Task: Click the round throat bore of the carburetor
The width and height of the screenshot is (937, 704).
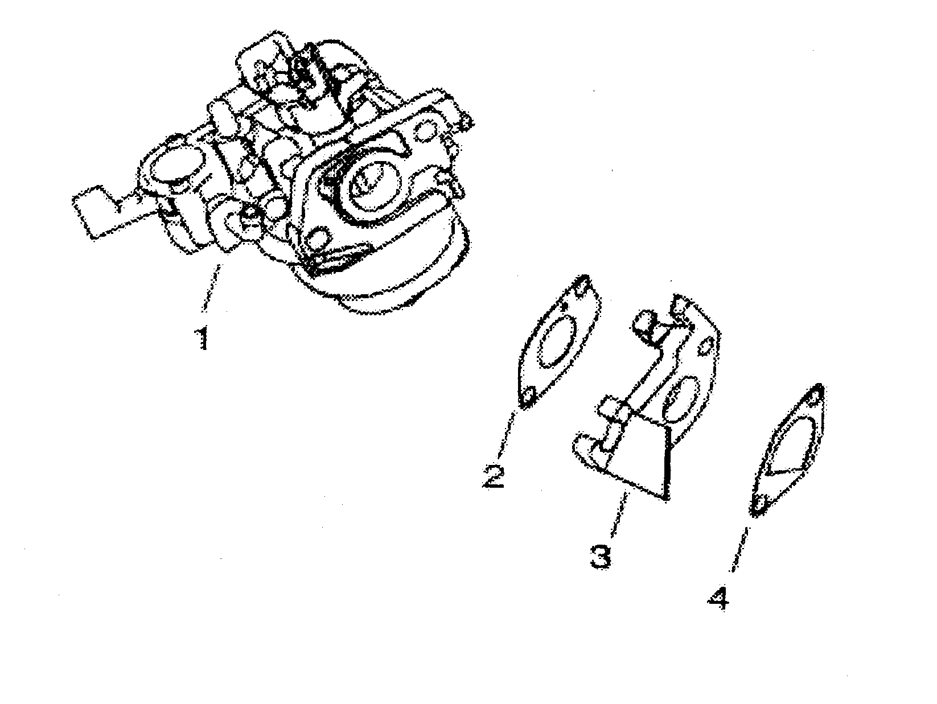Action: [369, 183]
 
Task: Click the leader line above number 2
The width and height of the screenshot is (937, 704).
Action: [508, 433]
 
